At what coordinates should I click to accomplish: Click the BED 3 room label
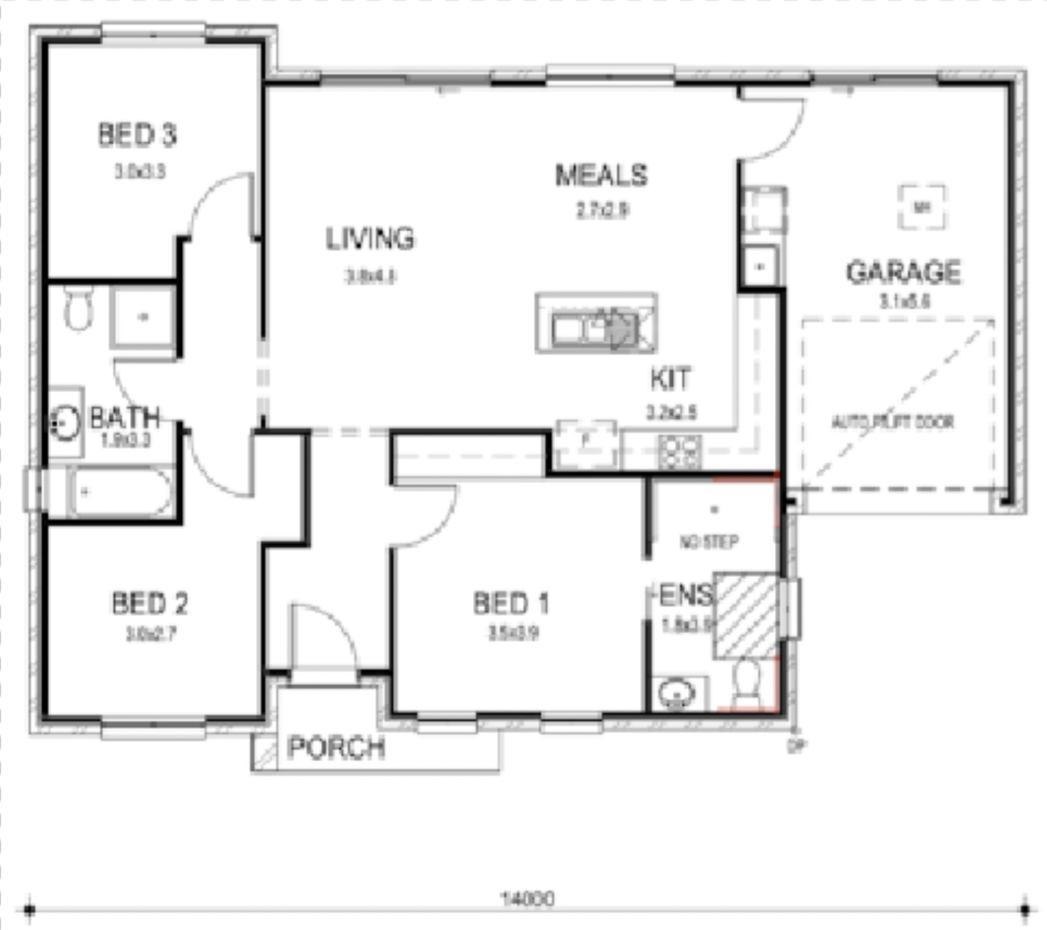coord(137,135)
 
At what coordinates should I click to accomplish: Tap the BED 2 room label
coord(149,603)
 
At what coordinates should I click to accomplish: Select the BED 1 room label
coord(510,603)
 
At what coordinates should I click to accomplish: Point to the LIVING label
coord(370,238)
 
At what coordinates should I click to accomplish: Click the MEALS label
coord(601,175)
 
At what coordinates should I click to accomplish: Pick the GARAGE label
coord(903,272)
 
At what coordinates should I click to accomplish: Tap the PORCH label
coord(336,747)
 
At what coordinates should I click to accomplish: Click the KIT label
coord(670,379)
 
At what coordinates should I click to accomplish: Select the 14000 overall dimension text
coord(526,898)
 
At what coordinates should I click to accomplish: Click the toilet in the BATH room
coord(78,309)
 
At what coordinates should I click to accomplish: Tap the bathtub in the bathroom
coord(120,492)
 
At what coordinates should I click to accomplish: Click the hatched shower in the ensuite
coord(746,615)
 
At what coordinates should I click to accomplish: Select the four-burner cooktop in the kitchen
coord(680,452)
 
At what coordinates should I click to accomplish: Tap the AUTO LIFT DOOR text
coord(893,422)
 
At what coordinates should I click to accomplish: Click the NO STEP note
coord(708,542)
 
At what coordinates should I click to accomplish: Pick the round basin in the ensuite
coord(676,694)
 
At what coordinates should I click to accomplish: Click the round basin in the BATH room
coord(65,423)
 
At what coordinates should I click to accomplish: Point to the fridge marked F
coord(586,442)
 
